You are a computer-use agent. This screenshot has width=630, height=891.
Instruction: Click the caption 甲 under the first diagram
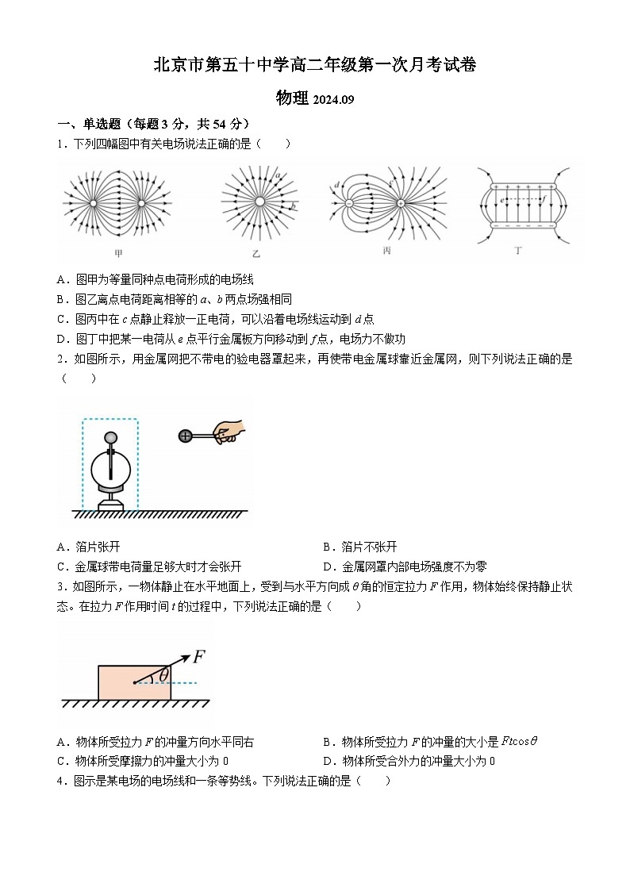pos(119,253)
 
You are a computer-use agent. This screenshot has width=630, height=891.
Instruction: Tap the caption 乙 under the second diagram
pos(255,253)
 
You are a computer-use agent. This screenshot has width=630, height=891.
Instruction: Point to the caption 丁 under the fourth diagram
pos(518,250)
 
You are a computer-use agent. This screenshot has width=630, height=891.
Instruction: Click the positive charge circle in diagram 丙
pos(401,203)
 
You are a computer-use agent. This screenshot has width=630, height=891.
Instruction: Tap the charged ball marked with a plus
pos(186,435)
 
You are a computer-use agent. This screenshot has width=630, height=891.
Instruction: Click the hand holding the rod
pos(229,431)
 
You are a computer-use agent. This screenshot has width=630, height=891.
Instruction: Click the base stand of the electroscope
pos(110,501)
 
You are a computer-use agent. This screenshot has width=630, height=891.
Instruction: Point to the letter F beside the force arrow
pos(199,656)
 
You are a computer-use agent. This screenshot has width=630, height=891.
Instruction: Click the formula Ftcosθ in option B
pos(520,741)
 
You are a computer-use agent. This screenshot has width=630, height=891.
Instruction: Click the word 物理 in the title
pos(292,98)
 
